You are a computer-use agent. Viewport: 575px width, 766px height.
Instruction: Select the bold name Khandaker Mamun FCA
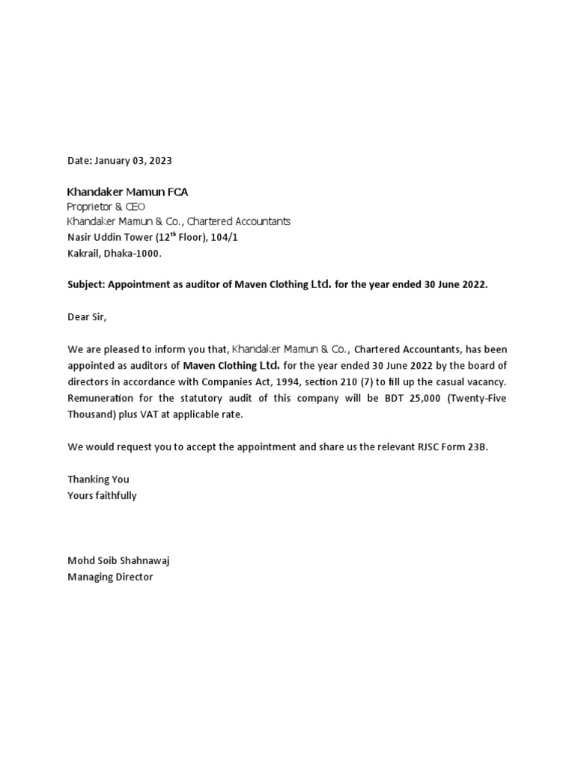tap(127, 192)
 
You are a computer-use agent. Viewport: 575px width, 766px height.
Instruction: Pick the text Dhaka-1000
tap(134, 254)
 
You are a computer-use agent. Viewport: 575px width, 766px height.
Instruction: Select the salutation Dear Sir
tap(88, 316)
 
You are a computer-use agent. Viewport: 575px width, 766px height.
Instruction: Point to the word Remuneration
tap(101, 398)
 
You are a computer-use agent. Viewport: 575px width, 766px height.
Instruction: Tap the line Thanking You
tap(98, 479)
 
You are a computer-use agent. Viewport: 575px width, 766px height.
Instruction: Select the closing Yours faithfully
tap(102, 495)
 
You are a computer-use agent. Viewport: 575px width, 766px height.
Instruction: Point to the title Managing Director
tap(110, 577)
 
